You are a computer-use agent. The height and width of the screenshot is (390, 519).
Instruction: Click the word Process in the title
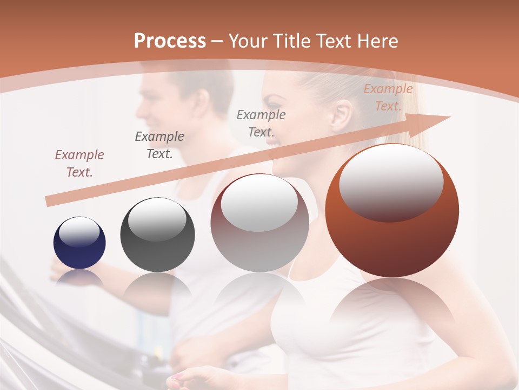point(170,41)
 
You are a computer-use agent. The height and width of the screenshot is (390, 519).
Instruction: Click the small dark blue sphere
point(79,243)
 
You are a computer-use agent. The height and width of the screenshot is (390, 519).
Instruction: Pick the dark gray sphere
point(157,235)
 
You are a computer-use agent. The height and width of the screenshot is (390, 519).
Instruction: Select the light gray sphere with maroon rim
point(259,223)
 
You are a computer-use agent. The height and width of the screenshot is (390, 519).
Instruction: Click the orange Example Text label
point(388,97)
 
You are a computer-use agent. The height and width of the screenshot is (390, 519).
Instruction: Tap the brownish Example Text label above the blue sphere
point(79,164)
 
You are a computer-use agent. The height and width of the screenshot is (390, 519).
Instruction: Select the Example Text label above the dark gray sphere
point(159,145)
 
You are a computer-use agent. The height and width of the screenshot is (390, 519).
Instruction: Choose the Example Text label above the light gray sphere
point(261,123)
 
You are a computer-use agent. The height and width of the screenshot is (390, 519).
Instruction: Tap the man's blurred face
point(157,103)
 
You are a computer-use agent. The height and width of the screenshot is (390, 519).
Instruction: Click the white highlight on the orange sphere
point(391,181)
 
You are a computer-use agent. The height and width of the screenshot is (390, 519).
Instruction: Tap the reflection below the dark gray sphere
point(157,287)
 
